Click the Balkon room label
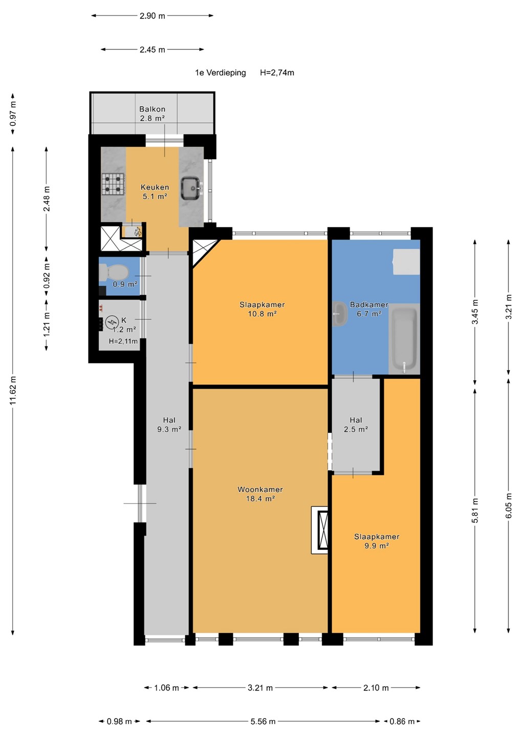pyautogui.click(x=152, y=114)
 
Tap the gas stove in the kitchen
pyautogui.click(x=113, y=183)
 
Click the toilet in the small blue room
pyautogui.click(x=114, y=272)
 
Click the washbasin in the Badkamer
pyautogui.click(x=339, y=315)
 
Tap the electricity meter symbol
pyautogui.click(x=111, y=322)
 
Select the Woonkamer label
pyautogui.click(x=260, y=494)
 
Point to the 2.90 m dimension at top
pyautogui.click(x=153, y=16)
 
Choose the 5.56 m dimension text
pyautogui.click(x=263, y=722)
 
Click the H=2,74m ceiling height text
pyautogui.click(x=277, y=73)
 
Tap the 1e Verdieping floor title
pyautogui.click(x=221, y=73)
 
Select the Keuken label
pyautogui.click(x=155, y=192)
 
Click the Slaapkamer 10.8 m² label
pyautogui.click(x=262, y=309)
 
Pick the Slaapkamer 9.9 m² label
pyautogui.click(x=377, y=541)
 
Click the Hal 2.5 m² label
pyautogui.click(x=356, y=424)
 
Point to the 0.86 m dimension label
pyautogui.click(x=402, y=722)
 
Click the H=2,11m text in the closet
pyautogui.click(x=123, y=341)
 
